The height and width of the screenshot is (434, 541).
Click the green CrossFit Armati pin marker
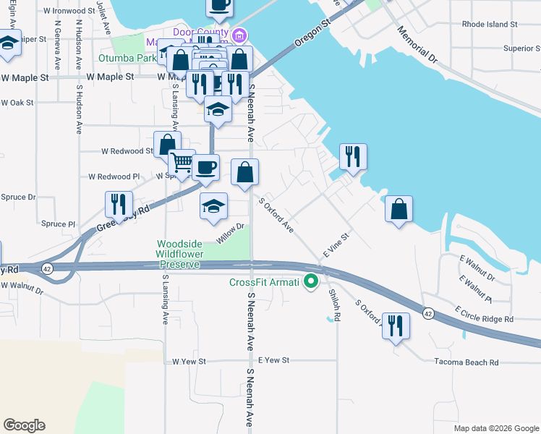pos(312,281)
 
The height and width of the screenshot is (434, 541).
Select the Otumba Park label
pos(127,58)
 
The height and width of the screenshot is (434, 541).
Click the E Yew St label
pos(273,360)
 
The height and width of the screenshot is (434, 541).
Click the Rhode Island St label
pos(490,24)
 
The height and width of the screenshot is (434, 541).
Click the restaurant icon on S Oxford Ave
pos(395,326)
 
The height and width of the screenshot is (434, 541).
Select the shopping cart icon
pos(182,163)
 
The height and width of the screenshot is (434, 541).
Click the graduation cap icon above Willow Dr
pos(213,207)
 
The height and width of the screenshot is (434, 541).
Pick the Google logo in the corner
pos(25,425)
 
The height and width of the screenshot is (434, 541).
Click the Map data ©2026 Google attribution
pos(495,428)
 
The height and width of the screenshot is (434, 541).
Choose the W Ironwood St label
pos(69,12)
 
